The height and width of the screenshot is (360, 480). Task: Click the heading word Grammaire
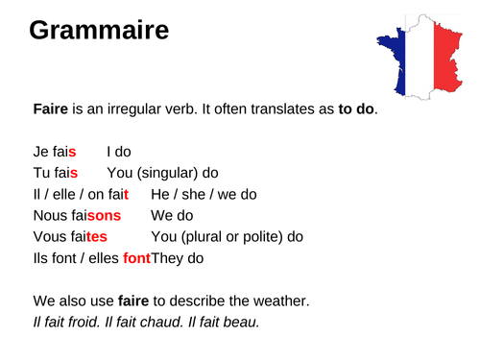coord(99,32)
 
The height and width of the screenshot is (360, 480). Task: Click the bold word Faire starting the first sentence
coord(51,109)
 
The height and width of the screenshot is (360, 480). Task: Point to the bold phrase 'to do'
coord(356,109)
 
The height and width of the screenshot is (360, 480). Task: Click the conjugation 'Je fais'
coord(55,151)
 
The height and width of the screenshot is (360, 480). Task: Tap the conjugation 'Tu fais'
coord(57,172)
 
